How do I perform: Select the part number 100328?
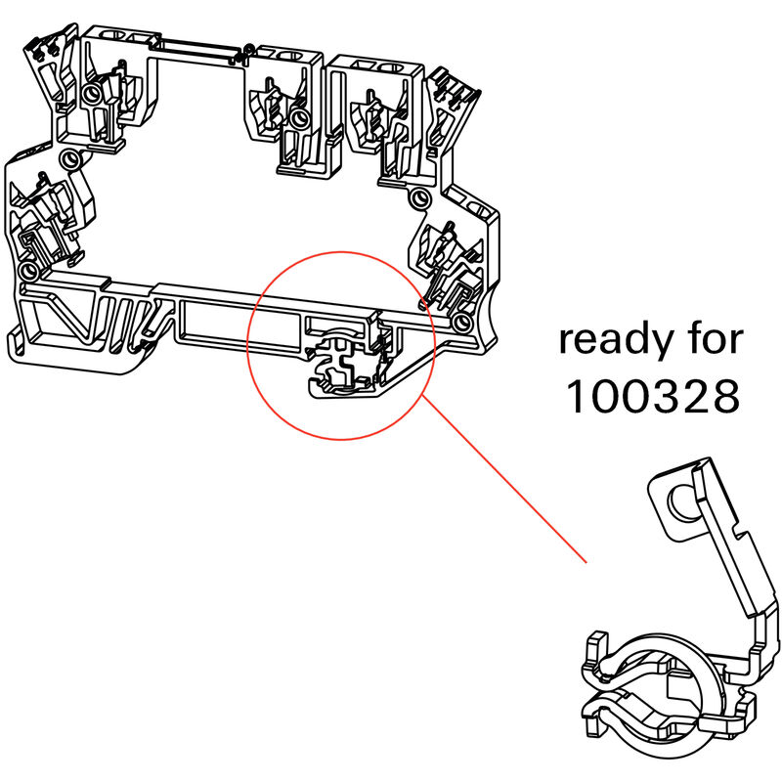(652, 396)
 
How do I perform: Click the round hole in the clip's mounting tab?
(676, 505)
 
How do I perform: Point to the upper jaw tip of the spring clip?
(593, 647)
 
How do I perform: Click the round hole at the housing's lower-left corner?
(28, 269)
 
